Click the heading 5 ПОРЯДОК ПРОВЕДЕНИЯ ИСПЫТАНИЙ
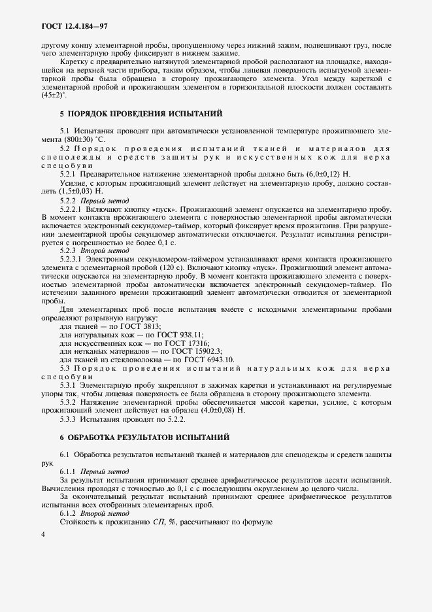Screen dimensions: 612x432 pos(141,113)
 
